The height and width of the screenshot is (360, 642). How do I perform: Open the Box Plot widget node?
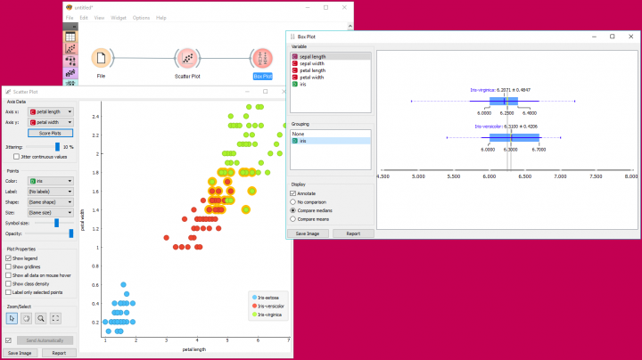[262, 58]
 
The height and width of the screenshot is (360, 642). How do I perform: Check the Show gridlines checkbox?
[9, 266]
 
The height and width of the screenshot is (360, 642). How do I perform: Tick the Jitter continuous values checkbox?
[16, 156]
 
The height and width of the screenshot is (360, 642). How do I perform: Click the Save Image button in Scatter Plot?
[20, 353]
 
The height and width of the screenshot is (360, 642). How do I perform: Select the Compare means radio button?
[293, 217]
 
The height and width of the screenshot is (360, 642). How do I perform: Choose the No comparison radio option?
[293, 201]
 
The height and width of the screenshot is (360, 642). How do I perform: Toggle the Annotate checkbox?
[293, 193]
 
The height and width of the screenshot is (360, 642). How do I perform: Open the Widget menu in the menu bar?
[119, 18]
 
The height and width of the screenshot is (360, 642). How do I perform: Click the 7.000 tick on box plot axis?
[561, 177]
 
